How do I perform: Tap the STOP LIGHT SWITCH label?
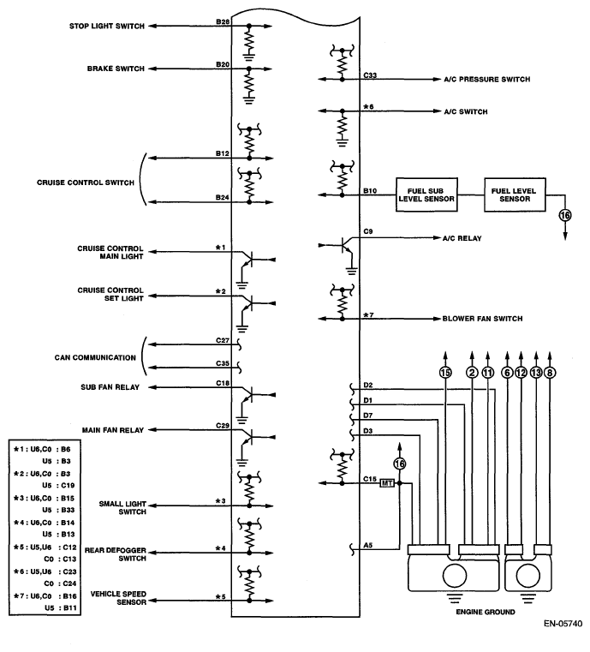(107, 26)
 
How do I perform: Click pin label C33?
(369, 75)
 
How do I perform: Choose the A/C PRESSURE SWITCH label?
(486, 80)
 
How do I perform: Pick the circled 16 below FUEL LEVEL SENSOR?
(564, 215)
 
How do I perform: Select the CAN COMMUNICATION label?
(91, 356)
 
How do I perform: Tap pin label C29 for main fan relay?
(223, 425)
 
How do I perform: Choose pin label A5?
(368, 544)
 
